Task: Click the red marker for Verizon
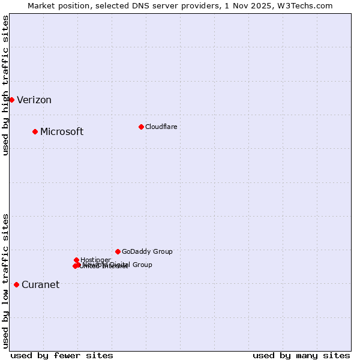coord(11,100)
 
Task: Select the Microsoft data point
coord(35,131)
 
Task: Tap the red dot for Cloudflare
coord(141,127)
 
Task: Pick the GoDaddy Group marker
coord(118,251)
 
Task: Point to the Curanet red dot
coord(16,284)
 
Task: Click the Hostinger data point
coord(76,260)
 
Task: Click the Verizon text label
coord(34,100)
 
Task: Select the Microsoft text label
coord(62,132)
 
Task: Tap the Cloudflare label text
coord(161,127)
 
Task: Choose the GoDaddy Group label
coord(147,252)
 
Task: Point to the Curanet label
coord(40,285)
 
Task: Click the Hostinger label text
coord(95,260)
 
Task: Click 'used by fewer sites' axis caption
coord(62,355)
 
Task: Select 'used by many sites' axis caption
coord(301,355)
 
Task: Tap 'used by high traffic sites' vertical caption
coord(6,85)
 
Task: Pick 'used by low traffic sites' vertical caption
coord(6,280)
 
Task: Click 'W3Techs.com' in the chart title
coord(309,5)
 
